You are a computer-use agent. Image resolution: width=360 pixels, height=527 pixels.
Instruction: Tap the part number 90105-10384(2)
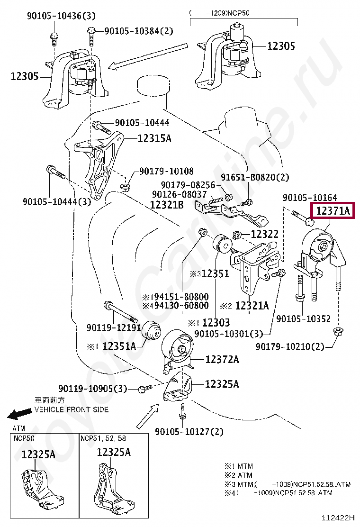[138, 31]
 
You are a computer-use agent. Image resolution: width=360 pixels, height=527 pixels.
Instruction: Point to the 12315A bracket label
[154, 138]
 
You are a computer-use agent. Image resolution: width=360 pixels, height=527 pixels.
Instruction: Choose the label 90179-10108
[166, 171]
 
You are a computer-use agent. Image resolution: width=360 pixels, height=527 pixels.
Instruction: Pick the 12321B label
[166, 205]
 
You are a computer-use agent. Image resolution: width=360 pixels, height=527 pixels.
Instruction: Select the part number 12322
[264, 234]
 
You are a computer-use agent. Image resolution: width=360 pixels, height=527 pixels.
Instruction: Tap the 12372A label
[222, 360]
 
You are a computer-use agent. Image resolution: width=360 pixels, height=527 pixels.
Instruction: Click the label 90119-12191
[113, 327]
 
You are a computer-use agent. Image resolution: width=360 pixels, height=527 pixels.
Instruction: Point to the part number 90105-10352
[303, 319]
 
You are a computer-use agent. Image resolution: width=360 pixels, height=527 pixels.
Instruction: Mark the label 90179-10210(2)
[290, 347]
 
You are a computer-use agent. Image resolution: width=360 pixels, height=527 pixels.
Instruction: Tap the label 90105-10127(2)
[189, 431]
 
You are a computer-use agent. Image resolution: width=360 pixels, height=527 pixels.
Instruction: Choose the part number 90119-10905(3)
[93, 389]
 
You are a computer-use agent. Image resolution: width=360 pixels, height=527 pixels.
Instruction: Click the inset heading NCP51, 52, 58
[103, 438]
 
